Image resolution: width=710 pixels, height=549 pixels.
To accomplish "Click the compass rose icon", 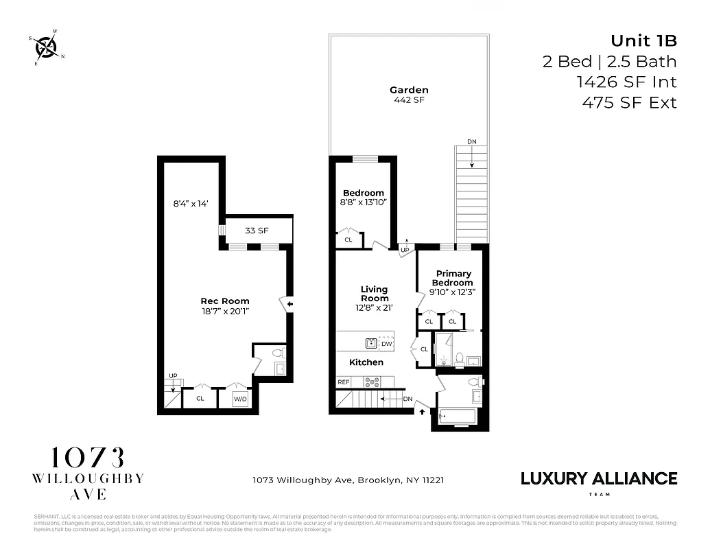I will pyautogui.click(x=45, y=47).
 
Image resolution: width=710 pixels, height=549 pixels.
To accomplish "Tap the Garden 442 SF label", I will pyautogui.click(x=409, y=95).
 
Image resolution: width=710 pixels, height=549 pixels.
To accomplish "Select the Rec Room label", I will pyautogui.click(x=224, y=305).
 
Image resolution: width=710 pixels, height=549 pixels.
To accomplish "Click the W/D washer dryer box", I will pyautogui.click(x=239, y=398).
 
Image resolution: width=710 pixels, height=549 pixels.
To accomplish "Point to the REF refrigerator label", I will pyautogui.click(x=343, y=382).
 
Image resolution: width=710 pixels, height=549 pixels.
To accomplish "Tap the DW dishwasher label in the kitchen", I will pyautogui.click(x=386, y=343).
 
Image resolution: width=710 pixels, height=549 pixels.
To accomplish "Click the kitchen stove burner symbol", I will pyautogui.click(x=375, y=382).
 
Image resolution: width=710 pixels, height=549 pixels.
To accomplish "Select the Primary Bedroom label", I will pyautogui.click(x=452, y=279).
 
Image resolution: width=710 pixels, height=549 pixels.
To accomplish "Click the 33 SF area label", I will pyautogui.click(x=257, y=231).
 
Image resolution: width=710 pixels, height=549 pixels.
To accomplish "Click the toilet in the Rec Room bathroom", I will pyautogui.click(x=279, y=353).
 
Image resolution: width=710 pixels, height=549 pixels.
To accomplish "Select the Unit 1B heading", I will pyautogui.click(x=643, y=40).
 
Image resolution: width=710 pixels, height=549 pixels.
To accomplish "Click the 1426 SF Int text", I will pyautogui.click(x=626, y=82).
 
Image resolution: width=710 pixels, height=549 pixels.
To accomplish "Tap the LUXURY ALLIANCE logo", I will pyautogui.click(x=599, y=478).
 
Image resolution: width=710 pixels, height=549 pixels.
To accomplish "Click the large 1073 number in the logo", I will pyautogui.click(x=88, y=458).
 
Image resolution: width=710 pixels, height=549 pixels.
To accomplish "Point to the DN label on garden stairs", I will pyautogui.click(x=471, y=141).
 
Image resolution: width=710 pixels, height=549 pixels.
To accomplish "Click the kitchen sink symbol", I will pyautogui.click(x=370, y=342).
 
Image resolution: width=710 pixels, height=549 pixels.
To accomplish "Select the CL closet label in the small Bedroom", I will pyautogui.click(x=348, y=240).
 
